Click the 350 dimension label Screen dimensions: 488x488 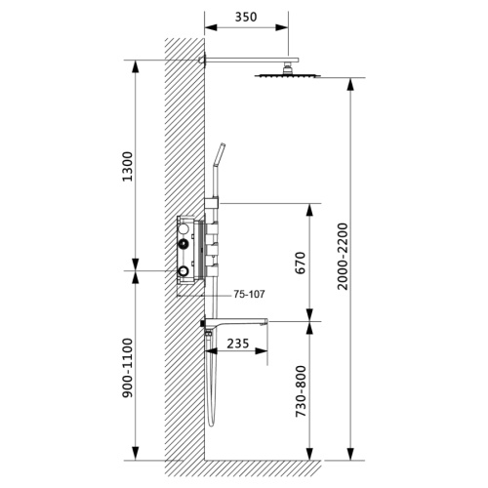(x=246, y=17)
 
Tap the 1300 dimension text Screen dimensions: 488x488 (x=128, y=166)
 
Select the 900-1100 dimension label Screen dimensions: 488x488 (x=128, y=368)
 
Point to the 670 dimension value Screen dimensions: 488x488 (x=300, y=263)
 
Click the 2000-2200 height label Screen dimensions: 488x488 (x=343, y=256)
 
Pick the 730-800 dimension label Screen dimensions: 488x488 (x=301, y=391)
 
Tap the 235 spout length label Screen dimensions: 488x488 (x=238, y=344)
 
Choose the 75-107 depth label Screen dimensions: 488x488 (x=249, y=294)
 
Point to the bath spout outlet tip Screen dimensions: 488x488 (x=266, y=322)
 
